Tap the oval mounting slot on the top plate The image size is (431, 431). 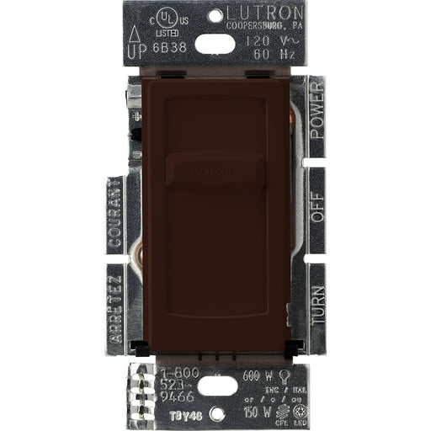[x=215, y=43]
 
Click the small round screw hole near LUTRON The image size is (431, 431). [x=215, y=15]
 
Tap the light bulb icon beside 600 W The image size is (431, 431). [x=286, y=376]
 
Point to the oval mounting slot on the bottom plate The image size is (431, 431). [x=217, y=386]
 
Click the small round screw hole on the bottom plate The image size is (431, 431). [x=217, y=413]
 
